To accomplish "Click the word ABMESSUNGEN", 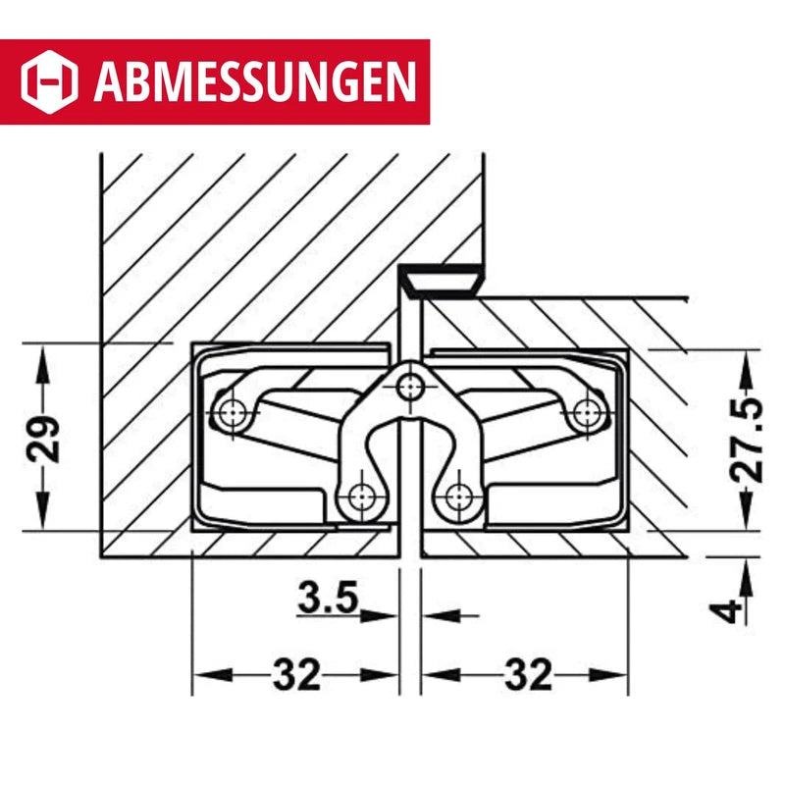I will (x=252, y=81).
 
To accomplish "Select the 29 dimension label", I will (x=46, y=439).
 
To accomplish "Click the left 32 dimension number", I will (x=296, y=675).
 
